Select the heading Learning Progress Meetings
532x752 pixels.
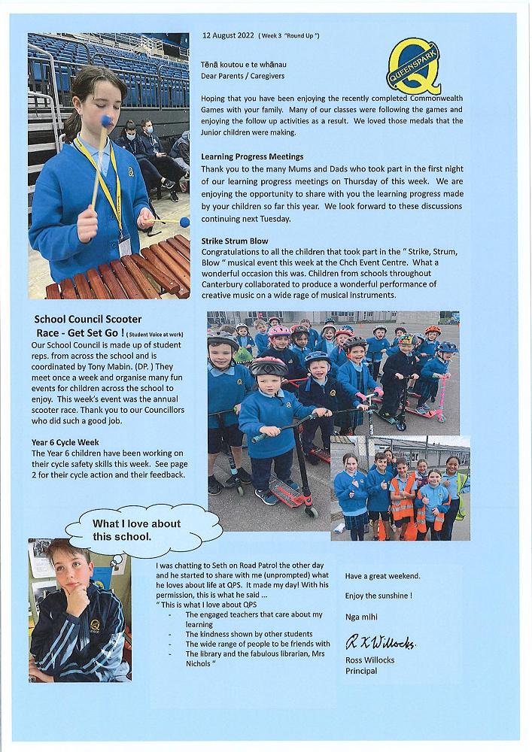[x=252, y=156]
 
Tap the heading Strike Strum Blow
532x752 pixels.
[x=235, y=241]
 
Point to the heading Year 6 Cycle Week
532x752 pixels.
[x=65, y=443]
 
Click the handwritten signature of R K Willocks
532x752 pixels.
[x=380, y=643]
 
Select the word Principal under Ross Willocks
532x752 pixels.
[x=361, y=671]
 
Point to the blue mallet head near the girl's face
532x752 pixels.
[x=106, y=120]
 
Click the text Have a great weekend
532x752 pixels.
[x=383, y=576]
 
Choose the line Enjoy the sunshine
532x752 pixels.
[x=378, y=596]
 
